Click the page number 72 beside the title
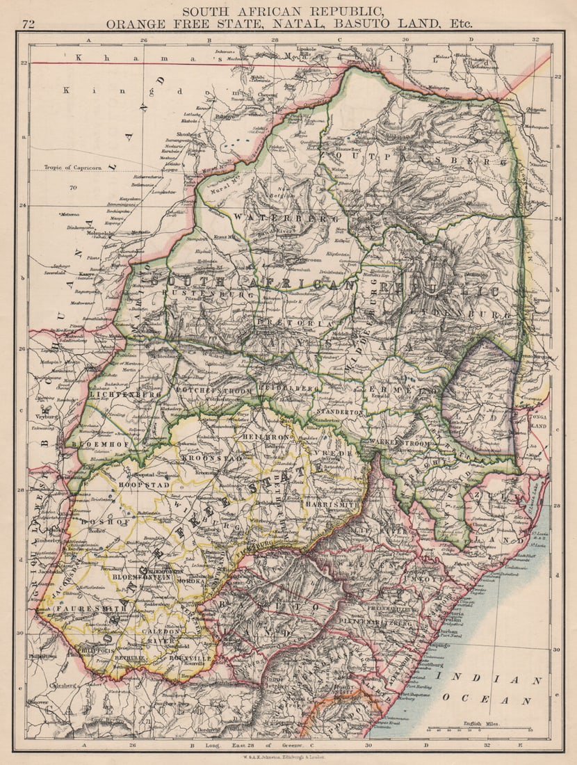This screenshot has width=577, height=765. [29, 24]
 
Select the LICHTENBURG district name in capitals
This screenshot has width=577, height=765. [125, 394]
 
